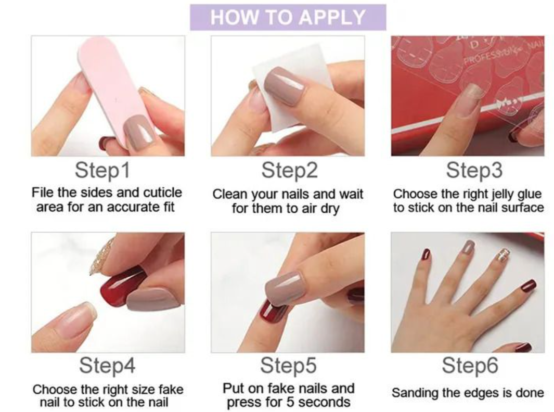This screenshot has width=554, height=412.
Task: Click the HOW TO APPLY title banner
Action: click(288, 17)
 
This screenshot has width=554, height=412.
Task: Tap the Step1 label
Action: click(102, 170)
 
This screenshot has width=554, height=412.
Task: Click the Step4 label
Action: click(107, 366)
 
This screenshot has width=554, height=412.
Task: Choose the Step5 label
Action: click(288, 366)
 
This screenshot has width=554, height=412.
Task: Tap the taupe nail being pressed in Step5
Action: click(285, 288)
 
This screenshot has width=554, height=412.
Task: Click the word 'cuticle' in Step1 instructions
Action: click(163, 193)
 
